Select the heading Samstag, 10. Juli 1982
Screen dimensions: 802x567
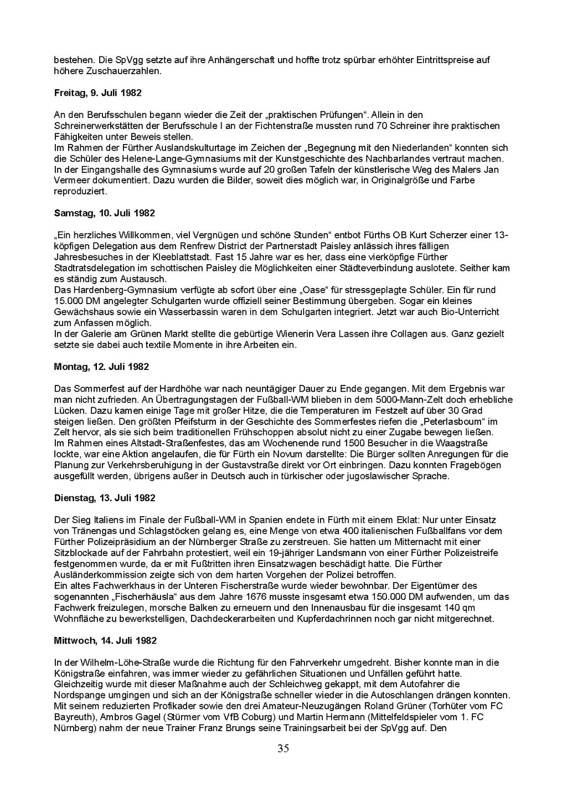coord(104,213)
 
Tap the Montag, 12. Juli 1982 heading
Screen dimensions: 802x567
coord(102,367)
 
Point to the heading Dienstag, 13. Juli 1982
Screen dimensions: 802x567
coord(104,498)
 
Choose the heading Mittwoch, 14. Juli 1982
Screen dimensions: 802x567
coord(105,640)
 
